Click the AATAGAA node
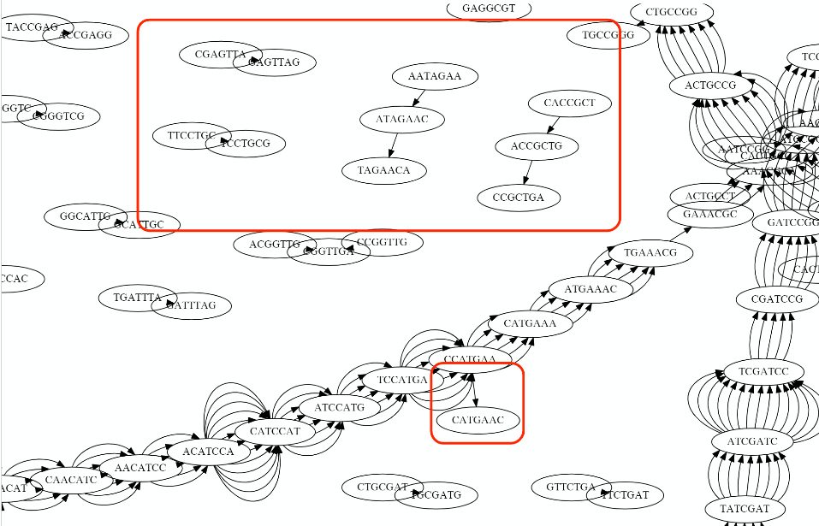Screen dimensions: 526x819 pos(434,77)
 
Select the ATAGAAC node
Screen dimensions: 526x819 pos(401,119)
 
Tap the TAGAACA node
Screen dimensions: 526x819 pos(383,170)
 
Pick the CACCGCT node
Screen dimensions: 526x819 pos(569,103)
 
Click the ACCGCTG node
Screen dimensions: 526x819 pos(537,146)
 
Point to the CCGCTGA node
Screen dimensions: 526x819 pos(519,198)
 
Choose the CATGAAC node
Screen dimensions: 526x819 pos(478,420)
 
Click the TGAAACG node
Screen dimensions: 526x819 pos(650,253)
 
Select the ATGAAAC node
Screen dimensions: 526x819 pos(590,289)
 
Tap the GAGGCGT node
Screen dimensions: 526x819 pos(489,9)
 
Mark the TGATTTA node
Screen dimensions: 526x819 pos(137,298)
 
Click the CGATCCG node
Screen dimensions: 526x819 pos(777,299)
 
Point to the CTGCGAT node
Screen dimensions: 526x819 pos(382,488)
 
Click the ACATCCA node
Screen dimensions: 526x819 pos(208,451)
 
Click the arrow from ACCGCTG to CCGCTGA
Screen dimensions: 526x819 pos(527,173)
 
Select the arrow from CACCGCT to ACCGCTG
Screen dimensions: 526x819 pos(553,125)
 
